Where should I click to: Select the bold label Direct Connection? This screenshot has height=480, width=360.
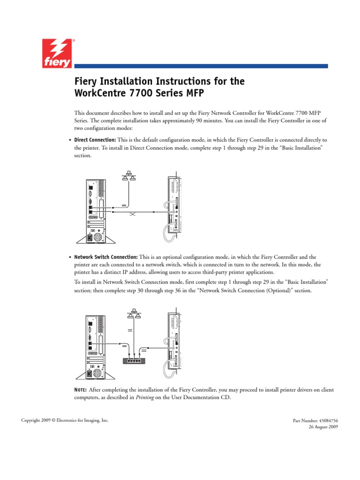point(95,140)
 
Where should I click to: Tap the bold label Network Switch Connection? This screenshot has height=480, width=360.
point(106,257)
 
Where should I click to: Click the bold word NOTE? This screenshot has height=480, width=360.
point(80,390)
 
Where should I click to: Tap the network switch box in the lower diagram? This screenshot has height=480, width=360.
point(135,361)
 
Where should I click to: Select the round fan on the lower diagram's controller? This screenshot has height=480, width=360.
point(97,374)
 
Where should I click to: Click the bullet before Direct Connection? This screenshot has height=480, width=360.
point(70,140)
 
